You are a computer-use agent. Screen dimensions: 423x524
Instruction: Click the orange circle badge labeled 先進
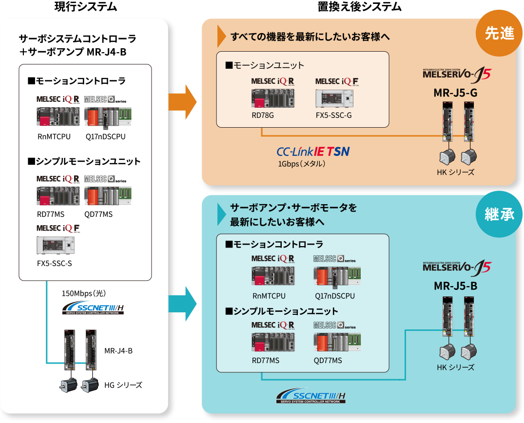pyautogui.click(x=500, y=33)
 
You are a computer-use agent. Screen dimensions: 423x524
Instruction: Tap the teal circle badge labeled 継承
pyautogui.click(x=500, y=214)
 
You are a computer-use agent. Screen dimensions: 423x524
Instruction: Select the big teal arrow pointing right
pyautogui.click(x=182, y=303)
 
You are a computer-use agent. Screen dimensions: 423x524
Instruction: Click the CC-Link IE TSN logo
pyautogui.click(x=313, y=152)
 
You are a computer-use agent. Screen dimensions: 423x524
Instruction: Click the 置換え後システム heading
pyautogui.click(x=359, y=7)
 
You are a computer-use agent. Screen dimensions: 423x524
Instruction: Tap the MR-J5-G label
pyautogui.click(x=455, y=93)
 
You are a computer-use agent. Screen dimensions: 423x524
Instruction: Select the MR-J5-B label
pyautogui.click(x=455, y=286)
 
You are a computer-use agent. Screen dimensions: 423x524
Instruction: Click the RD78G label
pyautogui.click(x=263, y=115)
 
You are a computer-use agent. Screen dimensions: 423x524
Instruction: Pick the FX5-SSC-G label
pyautogui.click(x=333, y=115)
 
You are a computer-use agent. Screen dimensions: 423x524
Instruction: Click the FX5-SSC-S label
pyautogui.click(x=54, y=264)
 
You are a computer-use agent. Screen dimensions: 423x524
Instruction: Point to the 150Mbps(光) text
pyautogui.click(x=84, y=293)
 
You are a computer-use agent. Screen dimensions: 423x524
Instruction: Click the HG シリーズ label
pyautogui.click(x=123, y=385)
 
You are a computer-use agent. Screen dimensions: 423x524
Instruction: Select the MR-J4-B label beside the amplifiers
pyautogui.click(x=118, y=350)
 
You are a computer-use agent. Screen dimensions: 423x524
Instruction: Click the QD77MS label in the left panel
pyautogui.click(x=98, y=214)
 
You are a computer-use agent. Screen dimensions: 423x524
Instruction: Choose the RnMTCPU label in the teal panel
pyautogui.click(x=269, y=296)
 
